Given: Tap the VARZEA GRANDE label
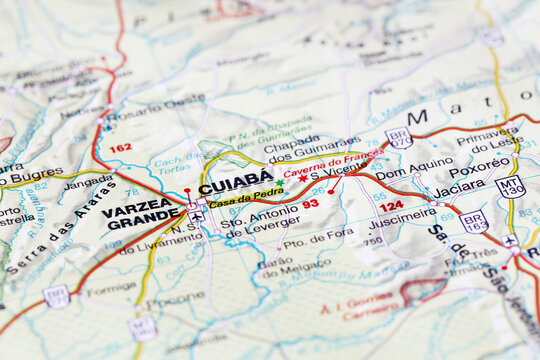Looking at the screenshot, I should tap(141, 214).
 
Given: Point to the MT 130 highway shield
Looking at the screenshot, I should tap(510, 186).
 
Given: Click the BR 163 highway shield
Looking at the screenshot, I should tap(474, 221).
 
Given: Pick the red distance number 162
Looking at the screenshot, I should tap(120, 148).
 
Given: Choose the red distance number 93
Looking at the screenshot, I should tap(310, 204).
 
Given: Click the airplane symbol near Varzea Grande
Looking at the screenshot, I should tap(197, 215).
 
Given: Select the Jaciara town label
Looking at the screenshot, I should tap(459, 187).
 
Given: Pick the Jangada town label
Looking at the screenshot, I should tap(88, 183).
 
